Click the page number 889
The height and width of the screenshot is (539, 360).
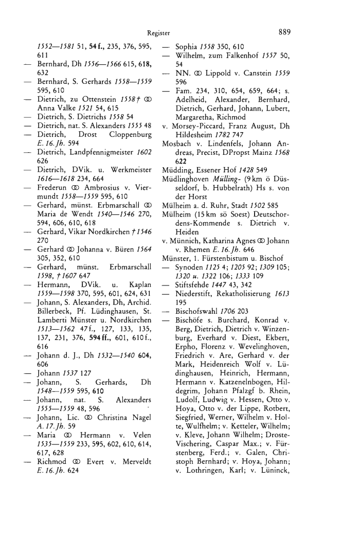284,32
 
